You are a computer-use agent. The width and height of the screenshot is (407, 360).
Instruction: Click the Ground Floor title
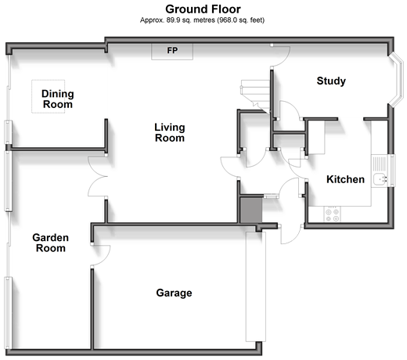[203, 9]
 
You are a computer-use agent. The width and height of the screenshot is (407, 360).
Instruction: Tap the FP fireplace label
[172, 50]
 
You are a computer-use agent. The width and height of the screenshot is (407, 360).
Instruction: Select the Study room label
[331, 81]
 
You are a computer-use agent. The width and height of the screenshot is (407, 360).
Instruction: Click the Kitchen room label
[345, 179]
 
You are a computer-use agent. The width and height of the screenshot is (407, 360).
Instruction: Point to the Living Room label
[170, 133]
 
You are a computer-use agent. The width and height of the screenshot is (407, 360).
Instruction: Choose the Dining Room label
[58, 99]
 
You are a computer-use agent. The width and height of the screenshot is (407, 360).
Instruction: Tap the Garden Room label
[51, 243]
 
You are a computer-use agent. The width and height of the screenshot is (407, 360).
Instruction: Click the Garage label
[174, 293]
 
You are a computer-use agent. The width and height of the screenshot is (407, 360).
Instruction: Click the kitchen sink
[380, 179]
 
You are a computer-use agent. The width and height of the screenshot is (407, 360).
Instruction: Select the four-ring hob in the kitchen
[333, 214]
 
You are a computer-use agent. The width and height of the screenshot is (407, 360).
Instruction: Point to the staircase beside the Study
[255, 96]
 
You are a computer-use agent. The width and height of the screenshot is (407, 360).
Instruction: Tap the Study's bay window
[397, 80]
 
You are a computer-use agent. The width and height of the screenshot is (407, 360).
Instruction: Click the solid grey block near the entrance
[250, 211]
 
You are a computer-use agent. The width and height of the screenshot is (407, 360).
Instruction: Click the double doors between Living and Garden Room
[98, 177]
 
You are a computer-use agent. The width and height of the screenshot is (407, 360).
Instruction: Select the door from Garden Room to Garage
[101, 255]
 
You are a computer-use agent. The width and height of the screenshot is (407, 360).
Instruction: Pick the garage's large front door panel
[256, 286]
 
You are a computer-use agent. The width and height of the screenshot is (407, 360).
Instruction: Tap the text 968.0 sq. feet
[241, 20]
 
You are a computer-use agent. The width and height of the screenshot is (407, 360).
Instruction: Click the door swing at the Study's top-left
[281, 56]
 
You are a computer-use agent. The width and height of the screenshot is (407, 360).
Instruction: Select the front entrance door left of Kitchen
[290, 234]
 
